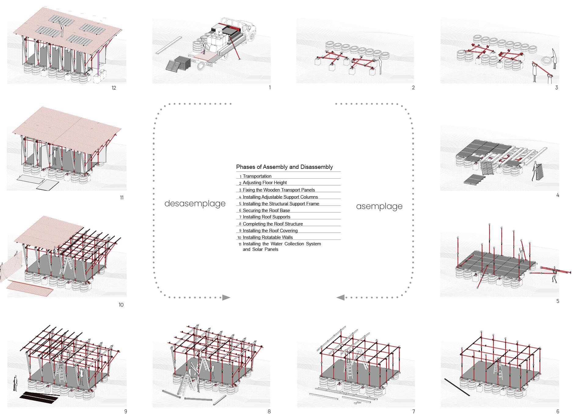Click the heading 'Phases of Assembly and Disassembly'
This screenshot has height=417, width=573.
click(284, 167)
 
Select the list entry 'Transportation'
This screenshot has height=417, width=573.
click(257, 176)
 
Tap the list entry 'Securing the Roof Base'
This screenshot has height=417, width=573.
click(266, 210)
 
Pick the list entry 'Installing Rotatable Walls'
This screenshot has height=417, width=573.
click(268, 237)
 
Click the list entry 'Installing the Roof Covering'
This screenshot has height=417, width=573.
click(270, 231)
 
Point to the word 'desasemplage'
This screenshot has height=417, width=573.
click(195, 204)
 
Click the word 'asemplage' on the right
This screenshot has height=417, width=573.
click(379, 207)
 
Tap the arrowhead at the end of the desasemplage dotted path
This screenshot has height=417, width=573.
click(226, 297)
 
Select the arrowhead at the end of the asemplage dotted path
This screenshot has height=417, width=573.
click(340, 297)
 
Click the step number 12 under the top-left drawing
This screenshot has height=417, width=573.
click(114, 88)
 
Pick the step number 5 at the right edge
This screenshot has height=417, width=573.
click(558, 301)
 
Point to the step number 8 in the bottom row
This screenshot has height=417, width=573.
click(269, 411)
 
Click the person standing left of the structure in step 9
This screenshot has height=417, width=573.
click(15, 383)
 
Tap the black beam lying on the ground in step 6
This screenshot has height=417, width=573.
click(457, 387)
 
